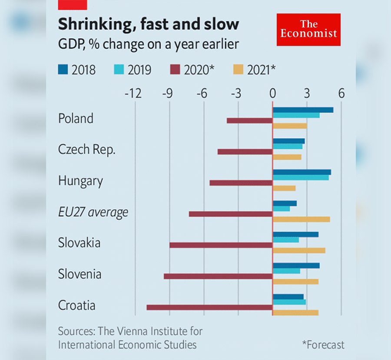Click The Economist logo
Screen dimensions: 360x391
308,30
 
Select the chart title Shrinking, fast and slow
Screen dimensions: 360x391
149,24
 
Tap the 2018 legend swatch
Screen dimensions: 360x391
63,69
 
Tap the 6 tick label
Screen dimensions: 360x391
341,93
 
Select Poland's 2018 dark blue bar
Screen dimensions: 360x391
303,110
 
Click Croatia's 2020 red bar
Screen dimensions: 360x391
209,307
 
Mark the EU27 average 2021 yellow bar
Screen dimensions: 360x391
301,219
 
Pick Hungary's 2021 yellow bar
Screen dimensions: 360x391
284,188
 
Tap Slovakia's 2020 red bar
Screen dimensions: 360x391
221,245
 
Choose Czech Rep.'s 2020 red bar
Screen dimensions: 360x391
245,152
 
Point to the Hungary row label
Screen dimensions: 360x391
80,181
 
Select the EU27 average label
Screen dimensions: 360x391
93,213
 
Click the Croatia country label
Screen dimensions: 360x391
76,305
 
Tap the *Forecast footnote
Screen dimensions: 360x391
323,345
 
